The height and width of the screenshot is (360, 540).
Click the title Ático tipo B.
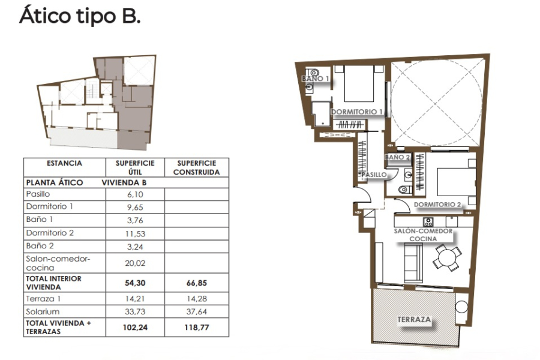(80, 16)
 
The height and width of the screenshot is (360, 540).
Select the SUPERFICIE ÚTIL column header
(135, 167)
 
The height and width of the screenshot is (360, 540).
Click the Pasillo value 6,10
(135, 194)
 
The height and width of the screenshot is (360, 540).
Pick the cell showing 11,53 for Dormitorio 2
(135, 233)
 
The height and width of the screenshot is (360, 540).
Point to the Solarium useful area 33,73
(135, 311)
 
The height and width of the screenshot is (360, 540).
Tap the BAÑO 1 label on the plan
(316, 79)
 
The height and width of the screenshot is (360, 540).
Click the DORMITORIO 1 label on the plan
(357, 112)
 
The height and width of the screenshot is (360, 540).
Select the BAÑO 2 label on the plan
(397, 157)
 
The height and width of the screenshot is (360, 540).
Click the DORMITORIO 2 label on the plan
(437, 205)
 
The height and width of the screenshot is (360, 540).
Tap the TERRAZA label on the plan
(414, 320)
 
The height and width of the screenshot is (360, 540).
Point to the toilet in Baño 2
(403, 190)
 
